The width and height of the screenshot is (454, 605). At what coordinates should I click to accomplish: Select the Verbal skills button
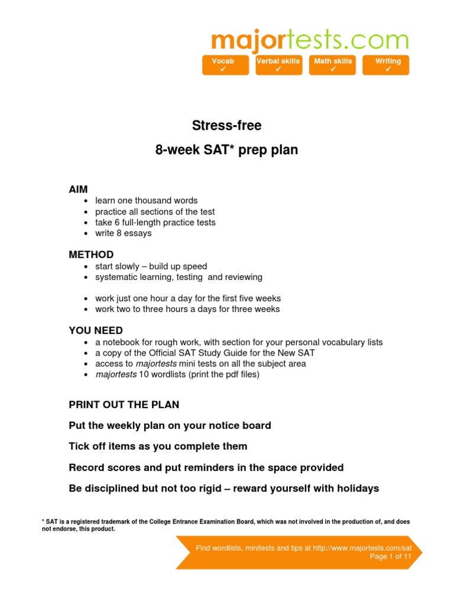click(278, 65)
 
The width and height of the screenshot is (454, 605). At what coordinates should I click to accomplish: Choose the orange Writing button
click(388, 65)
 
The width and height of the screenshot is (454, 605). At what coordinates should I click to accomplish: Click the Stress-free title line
click(226, 126)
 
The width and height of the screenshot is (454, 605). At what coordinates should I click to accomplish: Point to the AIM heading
click(78, 189)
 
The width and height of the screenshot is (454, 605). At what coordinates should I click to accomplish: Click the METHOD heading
click(91, 255)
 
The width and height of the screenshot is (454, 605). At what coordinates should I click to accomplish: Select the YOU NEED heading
click(96, 331)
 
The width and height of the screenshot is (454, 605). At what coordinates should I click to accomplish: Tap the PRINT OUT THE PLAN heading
click(124, 405)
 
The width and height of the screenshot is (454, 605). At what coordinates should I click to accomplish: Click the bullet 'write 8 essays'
click(123, 233)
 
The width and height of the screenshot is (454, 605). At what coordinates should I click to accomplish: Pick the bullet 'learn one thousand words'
click(146, 201)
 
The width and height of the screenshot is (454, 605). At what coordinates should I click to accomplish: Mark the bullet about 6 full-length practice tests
click(155, 223)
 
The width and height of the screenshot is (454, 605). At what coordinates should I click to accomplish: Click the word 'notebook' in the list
click(119, 343)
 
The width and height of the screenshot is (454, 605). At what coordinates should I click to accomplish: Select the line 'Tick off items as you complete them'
click(158, 447)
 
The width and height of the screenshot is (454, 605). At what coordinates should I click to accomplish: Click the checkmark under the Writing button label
click(388, 70)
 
